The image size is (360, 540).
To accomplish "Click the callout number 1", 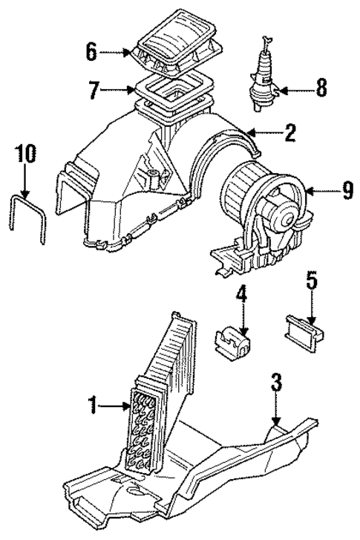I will tap(94, 406).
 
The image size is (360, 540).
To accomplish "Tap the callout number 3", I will tap(276, 384).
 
